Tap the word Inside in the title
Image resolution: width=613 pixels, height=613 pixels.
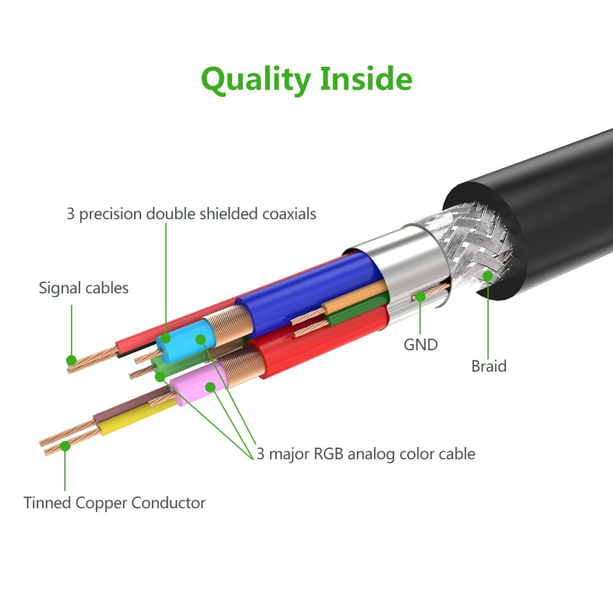click(x=367, y=79)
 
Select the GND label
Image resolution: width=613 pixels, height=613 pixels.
click(x=421, y=345)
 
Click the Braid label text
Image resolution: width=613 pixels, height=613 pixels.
click(x=489, y=366)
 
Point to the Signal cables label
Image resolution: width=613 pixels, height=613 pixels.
click(x=83, y=288)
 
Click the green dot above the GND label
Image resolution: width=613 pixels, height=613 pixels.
click(x=421, y=297)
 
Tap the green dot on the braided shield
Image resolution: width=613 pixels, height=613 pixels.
click(x=487, y=276)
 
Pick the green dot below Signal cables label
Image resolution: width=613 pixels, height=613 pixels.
click(x=72, y=360)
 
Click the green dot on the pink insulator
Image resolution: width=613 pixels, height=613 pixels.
click(x=210, y=387)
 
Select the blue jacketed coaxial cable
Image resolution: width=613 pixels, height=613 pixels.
click(x=306, y=285)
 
